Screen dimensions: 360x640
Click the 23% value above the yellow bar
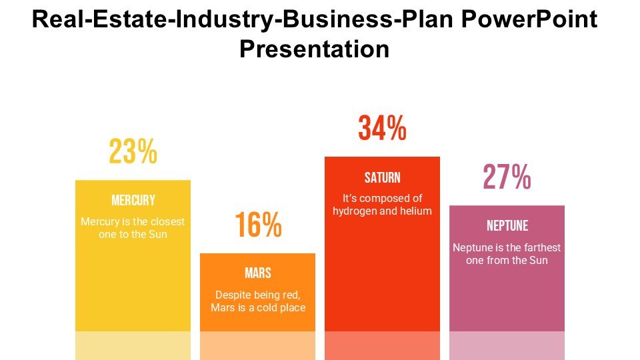133,153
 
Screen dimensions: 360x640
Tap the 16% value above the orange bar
258,225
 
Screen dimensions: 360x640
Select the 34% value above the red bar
382,129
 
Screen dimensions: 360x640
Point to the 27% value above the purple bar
507,177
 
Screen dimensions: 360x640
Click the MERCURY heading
133,200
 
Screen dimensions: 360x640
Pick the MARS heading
258,273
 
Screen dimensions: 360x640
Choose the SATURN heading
383,177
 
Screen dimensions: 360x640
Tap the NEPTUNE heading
507,225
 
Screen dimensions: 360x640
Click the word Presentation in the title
314,49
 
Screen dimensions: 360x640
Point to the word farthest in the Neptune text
538,247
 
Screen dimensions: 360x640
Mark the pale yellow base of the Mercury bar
133,345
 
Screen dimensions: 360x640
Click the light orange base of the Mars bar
258,345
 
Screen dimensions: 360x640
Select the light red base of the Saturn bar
383,345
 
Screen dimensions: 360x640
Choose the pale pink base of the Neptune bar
507,345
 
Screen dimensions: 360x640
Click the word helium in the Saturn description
418,211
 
